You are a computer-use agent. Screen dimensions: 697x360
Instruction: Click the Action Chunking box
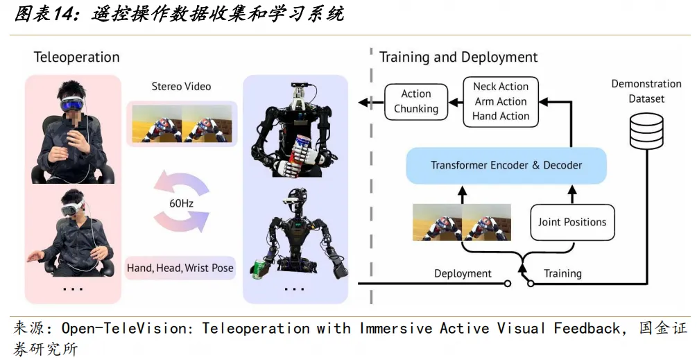416,101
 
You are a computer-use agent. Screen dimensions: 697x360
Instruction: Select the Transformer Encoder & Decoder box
506,165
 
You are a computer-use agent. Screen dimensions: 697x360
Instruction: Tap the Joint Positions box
572,222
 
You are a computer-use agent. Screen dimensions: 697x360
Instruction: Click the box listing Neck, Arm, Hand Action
501,101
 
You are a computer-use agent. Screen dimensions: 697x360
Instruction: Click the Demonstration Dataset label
646,91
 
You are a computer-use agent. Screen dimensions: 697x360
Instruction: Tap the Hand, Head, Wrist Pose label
180,268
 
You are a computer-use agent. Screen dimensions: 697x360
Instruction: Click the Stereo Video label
181,87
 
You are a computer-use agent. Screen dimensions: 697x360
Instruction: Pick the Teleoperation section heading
76,58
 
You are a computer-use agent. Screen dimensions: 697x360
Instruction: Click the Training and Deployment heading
458,58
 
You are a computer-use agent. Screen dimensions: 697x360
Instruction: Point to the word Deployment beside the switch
463,273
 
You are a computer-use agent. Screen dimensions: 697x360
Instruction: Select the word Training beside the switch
562,273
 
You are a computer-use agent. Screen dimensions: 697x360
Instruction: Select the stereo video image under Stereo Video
182,123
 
